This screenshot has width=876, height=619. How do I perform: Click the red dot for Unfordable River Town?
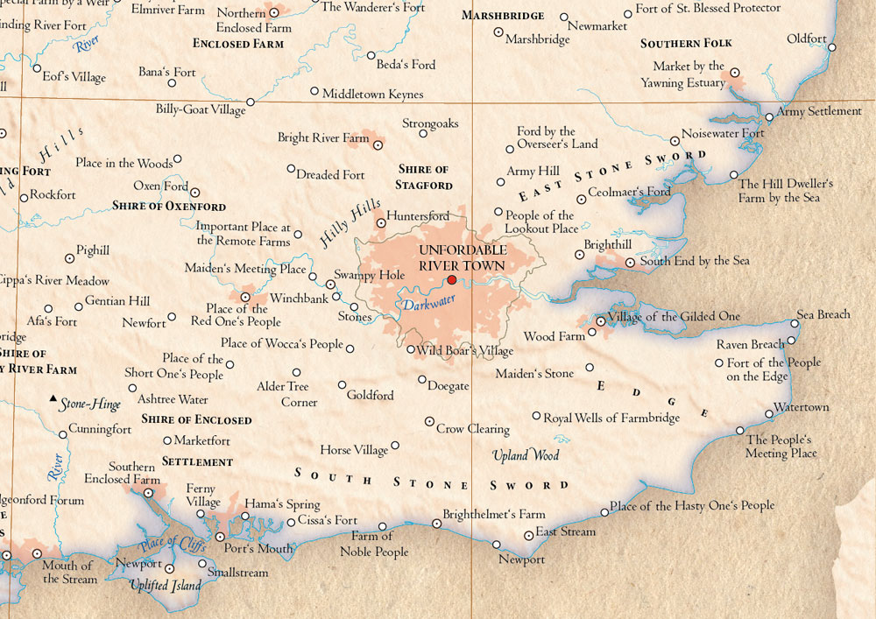452,280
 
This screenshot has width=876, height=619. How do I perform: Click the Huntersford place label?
418,216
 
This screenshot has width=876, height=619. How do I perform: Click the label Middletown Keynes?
372,94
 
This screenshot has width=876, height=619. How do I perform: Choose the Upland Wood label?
525,455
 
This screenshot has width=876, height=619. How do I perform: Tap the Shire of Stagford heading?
424,177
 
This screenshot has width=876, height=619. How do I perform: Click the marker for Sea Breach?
794,323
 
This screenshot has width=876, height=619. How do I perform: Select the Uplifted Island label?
165,585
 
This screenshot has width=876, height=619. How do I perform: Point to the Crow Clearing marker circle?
429,422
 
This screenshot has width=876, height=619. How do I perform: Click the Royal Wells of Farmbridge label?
611,418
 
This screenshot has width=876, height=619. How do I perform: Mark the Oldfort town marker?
832,47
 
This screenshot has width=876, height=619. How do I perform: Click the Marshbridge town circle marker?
498,32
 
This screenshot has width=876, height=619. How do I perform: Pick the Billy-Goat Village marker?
250,102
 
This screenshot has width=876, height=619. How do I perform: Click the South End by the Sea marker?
630,262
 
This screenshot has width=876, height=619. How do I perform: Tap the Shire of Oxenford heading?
169,207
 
